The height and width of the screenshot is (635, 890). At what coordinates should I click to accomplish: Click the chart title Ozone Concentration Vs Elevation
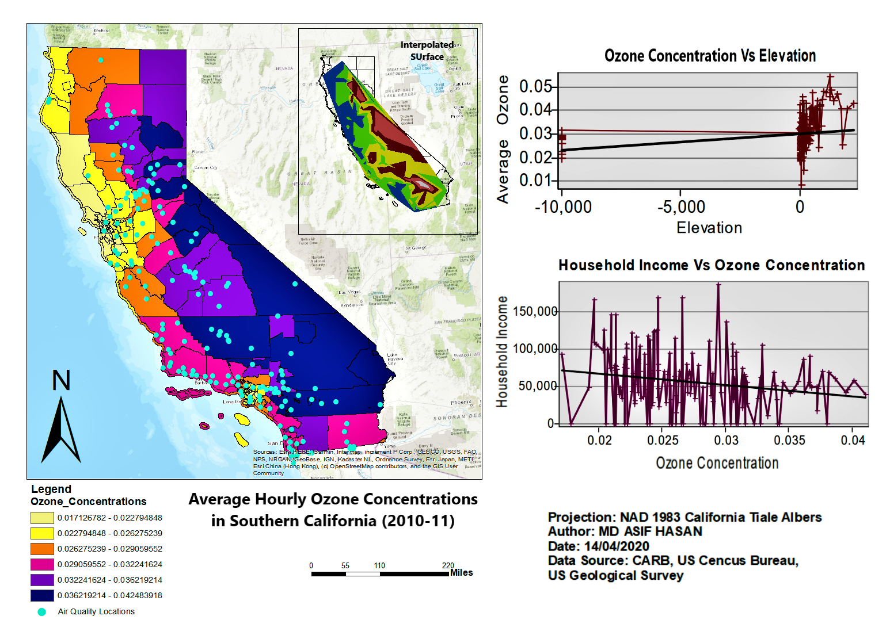[x=710, y=56]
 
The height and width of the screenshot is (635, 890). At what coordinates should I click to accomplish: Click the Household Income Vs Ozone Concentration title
[x=712, y=265]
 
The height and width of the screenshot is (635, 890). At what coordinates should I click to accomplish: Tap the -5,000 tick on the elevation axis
[x=681, y=206]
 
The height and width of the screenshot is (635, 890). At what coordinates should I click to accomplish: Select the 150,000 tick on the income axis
[x=535, y=311]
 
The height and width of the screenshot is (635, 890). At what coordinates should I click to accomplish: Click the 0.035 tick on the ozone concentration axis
[x=789, y=440]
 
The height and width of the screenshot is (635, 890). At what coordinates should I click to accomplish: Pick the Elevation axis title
[x=709, y=228]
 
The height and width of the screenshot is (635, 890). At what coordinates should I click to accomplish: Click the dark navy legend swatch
[x=42, y=595]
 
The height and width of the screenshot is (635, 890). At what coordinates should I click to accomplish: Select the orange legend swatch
[x=42, y=549]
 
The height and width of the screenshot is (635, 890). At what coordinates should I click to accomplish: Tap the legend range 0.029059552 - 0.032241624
[x=109, y=564]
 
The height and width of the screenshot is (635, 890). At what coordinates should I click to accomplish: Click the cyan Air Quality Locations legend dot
[x=42, y=612]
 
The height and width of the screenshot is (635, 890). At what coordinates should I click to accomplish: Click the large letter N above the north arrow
[x=61, y=380]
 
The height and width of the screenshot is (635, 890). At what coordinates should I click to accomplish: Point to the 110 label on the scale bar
[x=379, y=565]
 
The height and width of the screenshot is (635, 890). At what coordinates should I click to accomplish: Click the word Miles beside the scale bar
[x=462, y=573]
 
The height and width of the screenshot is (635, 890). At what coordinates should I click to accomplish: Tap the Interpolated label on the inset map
[x=427, y=45]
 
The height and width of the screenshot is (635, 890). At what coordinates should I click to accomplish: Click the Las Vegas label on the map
[x=349, y=292]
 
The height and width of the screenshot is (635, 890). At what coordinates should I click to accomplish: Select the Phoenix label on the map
[x=461, y=403]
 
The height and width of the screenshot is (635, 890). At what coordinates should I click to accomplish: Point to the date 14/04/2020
[x=617, y=546]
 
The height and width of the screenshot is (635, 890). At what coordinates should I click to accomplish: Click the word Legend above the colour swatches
[x=51, y=489]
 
